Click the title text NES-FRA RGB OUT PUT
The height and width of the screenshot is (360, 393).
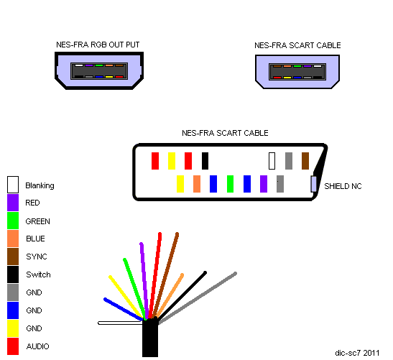click(x=98, y=45)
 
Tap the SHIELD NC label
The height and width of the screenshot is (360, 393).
click(x=343, y=186)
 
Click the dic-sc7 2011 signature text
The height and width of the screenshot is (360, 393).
click(x=357, y=353)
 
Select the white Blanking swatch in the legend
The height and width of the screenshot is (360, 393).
click(x=13, y=185)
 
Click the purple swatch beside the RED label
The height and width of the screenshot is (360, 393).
click(x=13, y=203)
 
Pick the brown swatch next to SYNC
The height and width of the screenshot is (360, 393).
click(x=13, y=257)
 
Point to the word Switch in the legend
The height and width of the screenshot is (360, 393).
click(x=38, y=274)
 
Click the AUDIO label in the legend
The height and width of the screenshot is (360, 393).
click(x=37, y=346)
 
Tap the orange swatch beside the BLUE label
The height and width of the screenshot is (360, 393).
click(x=13, y=239)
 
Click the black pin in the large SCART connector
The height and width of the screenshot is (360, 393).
click(x=205, y=161)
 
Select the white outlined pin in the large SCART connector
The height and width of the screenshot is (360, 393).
click(x=272, y=161)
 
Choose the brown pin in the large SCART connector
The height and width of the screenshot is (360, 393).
click(x=305, y=161)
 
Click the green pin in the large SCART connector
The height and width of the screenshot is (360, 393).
click(x=230, y=184)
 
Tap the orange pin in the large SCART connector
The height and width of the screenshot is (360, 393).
click(x=197, y=184)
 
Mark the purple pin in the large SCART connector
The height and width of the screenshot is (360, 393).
click(x=264, y=184)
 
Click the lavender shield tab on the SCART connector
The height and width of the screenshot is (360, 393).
click(x=313, y=184)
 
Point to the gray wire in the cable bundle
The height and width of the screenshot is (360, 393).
click(x=198, y=297)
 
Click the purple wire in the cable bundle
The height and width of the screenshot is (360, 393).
click(x=144, y=281)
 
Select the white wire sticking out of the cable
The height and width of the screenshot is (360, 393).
click(x=120, y=323)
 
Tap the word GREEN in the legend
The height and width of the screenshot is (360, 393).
click(x=37, y=221)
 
